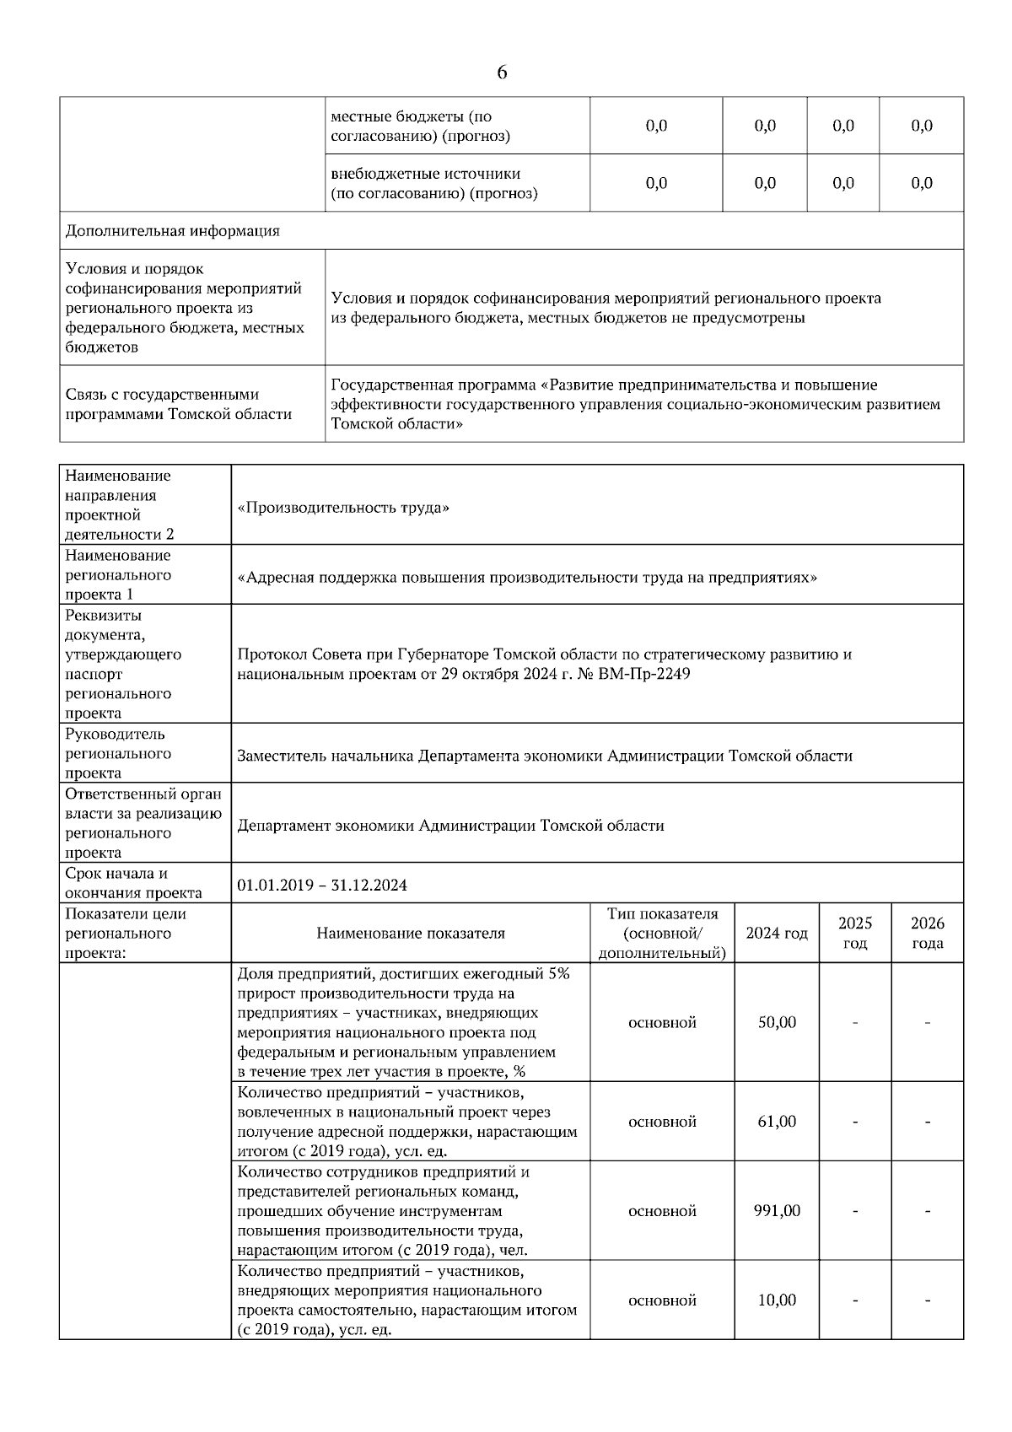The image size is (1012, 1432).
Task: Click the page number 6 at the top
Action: pos(502,73)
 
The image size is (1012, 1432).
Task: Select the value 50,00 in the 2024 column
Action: pos(777,1022)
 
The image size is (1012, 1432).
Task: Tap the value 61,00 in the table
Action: pos(777,1122)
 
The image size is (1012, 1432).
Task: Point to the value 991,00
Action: pos(777,1211)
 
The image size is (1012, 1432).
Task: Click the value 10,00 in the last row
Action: pos(777,1300)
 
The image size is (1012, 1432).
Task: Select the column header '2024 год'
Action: pos(777,933)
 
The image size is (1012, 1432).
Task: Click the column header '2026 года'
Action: pos(927,933)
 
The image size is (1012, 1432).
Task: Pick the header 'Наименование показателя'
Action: pos(411,933)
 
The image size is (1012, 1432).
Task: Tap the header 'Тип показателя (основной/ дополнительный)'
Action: pos(662,933)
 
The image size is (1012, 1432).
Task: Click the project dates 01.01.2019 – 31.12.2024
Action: pos(322,885)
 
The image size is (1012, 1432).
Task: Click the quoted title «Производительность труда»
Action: pos(343,508)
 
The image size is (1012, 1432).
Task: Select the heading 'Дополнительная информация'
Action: pos(173,230)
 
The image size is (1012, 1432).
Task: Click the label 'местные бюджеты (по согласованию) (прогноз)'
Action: pos(420,126)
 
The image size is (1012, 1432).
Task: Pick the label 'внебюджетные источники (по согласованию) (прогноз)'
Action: pos(433,183)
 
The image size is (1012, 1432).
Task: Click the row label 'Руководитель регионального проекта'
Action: pos(118,753)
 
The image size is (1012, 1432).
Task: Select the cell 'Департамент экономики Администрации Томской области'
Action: pos(450,826)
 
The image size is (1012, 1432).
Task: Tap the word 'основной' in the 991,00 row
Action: pos(662,1211)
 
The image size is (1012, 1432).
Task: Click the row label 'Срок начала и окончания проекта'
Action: pos(133,883)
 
